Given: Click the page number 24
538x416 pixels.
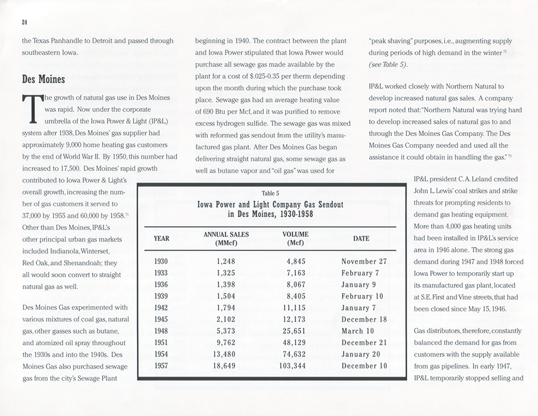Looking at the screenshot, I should [25, 22].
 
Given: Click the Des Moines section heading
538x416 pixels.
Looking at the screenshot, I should [44, 79].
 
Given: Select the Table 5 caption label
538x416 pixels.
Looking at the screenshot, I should [270, 193].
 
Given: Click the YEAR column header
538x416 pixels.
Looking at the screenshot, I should [161, 239].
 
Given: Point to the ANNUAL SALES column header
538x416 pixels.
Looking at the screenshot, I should [226, 239].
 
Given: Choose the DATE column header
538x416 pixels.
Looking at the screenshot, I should [361, 239].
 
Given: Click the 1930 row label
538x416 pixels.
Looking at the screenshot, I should [161, 261].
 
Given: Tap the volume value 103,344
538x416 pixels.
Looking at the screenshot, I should [294, 366].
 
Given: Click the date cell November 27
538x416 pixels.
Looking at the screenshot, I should [364, 261].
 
